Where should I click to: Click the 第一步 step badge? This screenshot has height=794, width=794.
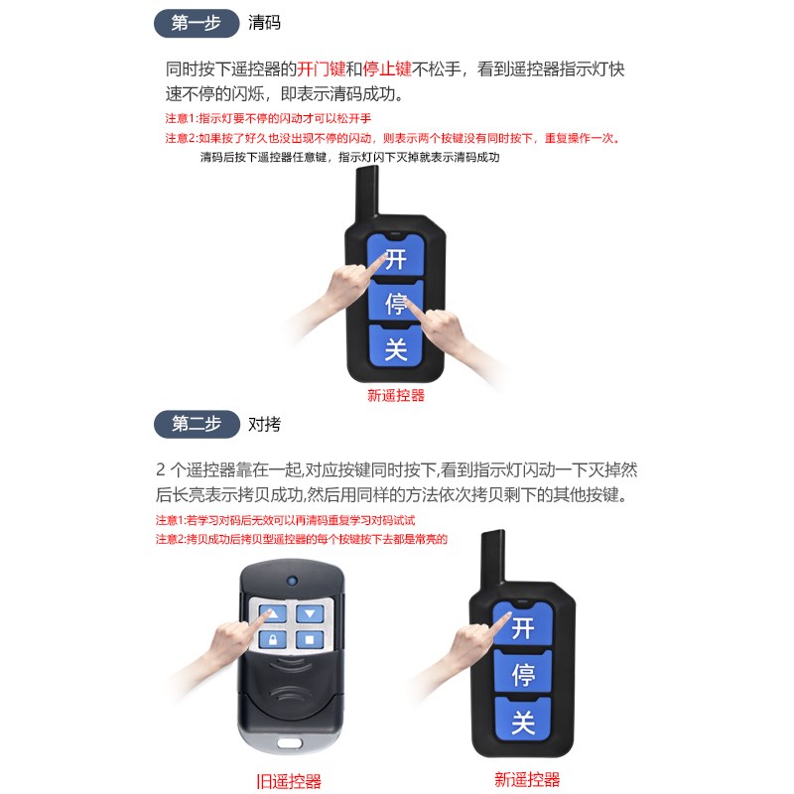(x=197, y=23)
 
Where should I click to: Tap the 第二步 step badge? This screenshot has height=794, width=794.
(x=197, y=424)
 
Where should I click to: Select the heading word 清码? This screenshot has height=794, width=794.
(x=264, y=23)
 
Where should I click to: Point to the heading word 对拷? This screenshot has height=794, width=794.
(x=264, y=424)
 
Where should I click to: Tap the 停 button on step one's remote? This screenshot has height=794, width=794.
(x=396, y=303)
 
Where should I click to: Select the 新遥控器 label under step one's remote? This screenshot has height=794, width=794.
(x=396, y=395)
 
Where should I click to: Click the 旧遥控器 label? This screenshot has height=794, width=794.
(x=289, y=781)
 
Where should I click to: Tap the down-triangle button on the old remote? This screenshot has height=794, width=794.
(x=310, y=614)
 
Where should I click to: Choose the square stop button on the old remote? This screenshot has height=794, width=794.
(x=310, y=640)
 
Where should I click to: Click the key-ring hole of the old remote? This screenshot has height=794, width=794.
(x=290, y=742)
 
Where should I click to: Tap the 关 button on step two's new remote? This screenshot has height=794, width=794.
(x=523, y=722)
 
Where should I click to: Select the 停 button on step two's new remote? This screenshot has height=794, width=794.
(x=523, y=675)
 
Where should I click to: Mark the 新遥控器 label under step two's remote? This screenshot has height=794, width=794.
(x=527, y=779)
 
